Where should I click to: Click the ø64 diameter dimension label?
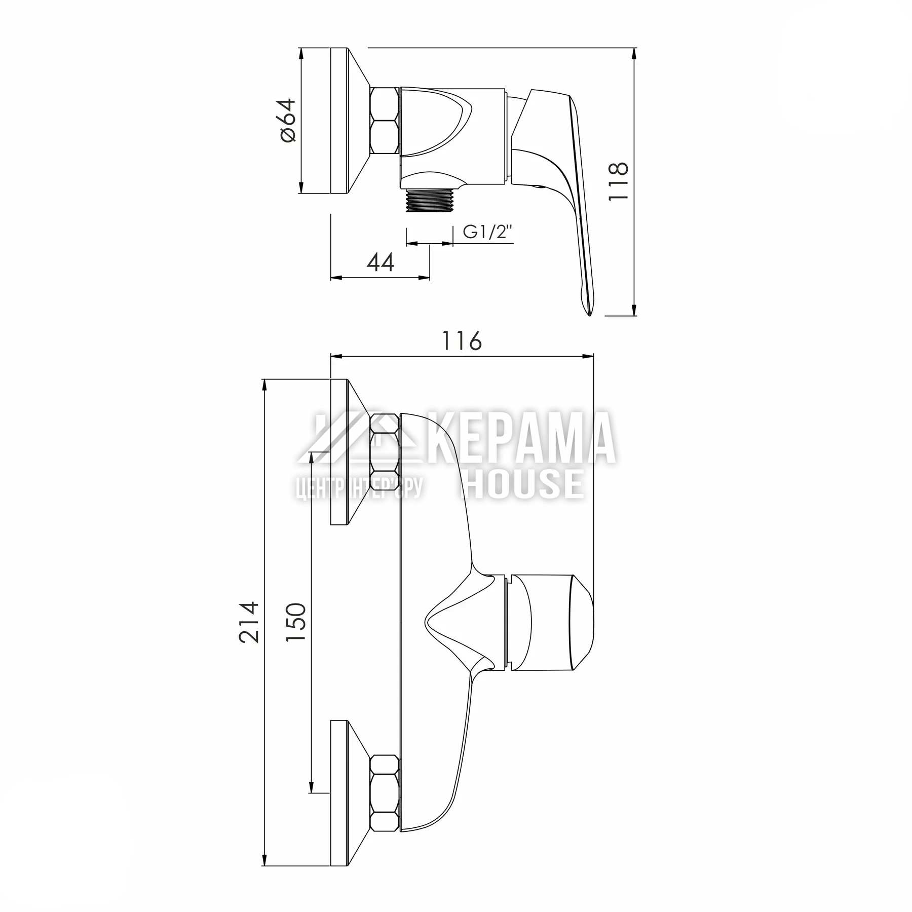[x=287, y=120]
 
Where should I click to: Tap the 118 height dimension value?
[x=618, y=181]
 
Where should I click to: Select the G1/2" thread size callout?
[x=488, y=232]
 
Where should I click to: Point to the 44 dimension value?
[x=380, y=262]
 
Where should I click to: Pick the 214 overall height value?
[x=249, y=622]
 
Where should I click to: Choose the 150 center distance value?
[x=296, y=622]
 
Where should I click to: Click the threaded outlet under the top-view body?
[x=429, y=201]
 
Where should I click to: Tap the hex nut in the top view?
[x=385, y=120]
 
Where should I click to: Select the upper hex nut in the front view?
[x=385, y=446]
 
